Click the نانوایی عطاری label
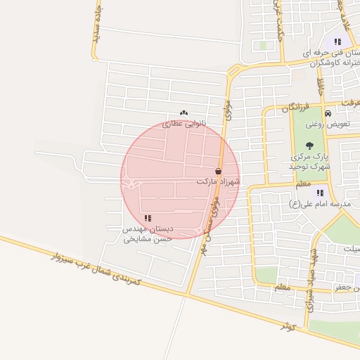(x=182, y=123)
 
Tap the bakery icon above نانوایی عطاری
(x=184, y=112)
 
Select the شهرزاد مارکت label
(x=218, y=181)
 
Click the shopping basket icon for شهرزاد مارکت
(x=219, y=171)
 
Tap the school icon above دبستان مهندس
(x=148, y=219)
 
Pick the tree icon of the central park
(x=310, y=146)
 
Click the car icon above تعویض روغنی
(x=328, y=113)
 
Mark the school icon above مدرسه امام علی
(x=321, y=193)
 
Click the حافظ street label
(x=320, y=88)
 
